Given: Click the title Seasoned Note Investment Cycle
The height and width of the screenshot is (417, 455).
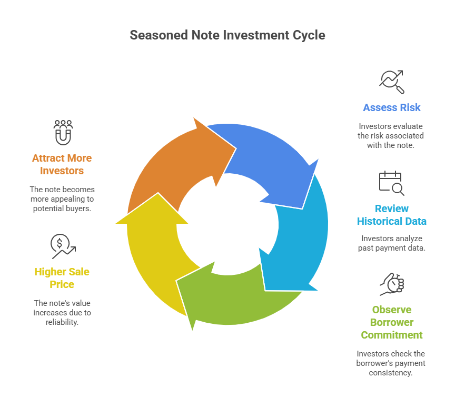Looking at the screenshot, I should [x=227, y=35].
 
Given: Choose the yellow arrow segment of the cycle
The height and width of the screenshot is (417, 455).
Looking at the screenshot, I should [x=153, y=253].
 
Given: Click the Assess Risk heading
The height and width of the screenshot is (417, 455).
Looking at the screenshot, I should [x=391, y=107].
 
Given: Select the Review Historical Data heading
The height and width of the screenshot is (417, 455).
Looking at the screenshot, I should [x=391, y=215].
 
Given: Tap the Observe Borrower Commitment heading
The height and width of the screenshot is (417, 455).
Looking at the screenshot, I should [x=391, y=322].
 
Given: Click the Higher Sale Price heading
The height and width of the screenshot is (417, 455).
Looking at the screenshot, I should [x=62, y=278].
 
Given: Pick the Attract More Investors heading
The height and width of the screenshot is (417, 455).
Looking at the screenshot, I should [x=62, y=164].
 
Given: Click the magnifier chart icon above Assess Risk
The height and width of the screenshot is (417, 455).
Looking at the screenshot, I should [x=391, y=81].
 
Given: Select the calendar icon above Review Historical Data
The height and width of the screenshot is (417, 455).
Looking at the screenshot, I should [x=391, y=183].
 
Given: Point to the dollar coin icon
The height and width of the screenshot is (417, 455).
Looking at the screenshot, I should [x=63, y=246].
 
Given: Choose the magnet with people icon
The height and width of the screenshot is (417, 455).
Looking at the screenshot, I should [x=63, y=132].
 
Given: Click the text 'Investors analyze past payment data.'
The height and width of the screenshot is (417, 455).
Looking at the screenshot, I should [x=391, y=243].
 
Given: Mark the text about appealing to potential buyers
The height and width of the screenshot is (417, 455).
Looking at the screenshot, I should [x=62, y=198].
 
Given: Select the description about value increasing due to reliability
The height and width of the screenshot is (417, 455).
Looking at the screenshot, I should [x=62, y=312].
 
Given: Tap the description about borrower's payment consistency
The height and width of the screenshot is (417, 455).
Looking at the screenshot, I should [x=391, y=363].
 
